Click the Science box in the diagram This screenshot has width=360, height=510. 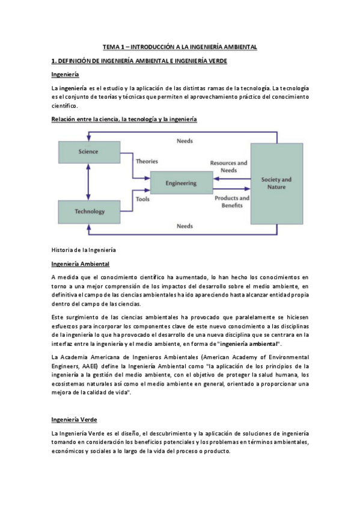tap(88, 152)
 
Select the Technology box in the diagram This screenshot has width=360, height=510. tap(88, 211)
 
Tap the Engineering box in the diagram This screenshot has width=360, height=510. tap(181, 183)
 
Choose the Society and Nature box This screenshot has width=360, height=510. tap(276, 183)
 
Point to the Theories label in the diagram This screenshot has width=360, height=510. tap(147, 161)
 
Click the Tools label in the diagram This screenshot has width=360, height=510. tap(142, 199)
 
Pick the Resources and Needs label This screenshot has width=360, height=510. tap(228, 167)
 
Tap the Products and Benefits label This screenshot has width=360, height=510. tap(231, 201)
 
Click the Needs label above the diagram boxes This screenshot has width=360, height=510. tap(185, 141)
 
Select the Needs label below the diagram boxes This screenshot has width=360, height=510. tap(185, 226)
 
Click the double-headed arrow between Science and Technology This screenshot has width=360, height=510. tap(88, 182)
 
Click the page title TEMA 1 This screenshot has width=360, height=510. tap(180, 46)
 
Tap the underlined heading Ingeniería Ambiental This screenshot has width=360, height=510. tap(80, 264)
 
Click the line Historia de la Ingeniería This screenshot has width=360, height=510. tap(84, 249)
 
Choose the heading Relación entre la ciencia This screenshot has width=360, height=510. tap(124, 119)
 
